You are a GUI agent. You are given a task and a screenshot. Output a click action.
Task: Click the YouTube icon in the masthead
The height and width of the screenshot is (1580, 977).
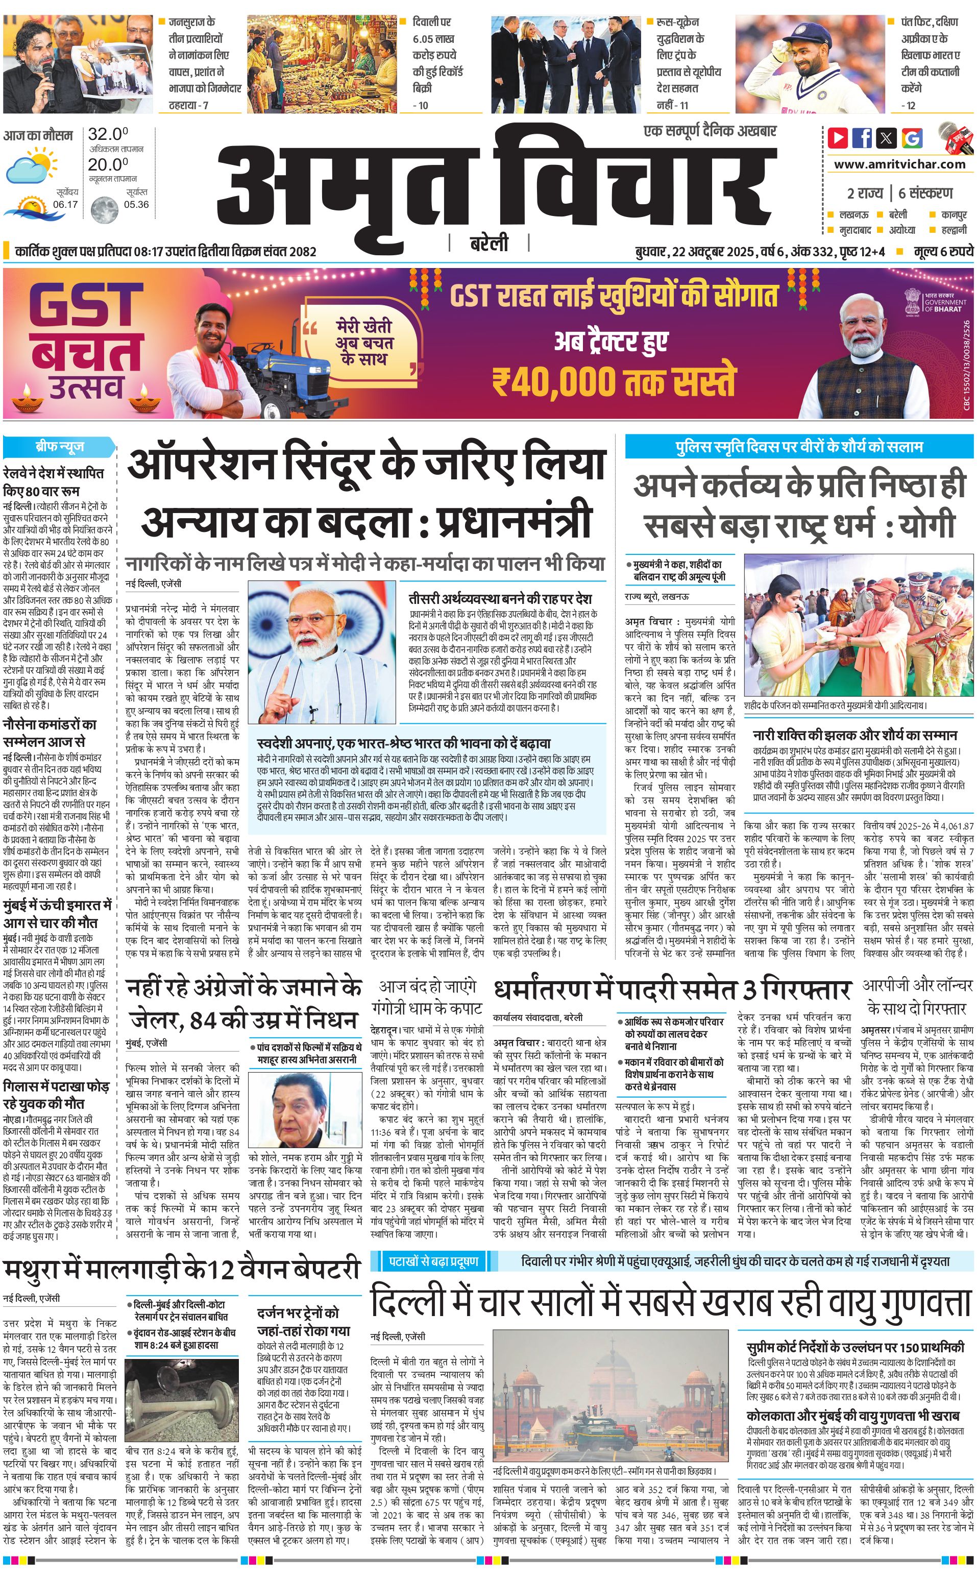point(838,138)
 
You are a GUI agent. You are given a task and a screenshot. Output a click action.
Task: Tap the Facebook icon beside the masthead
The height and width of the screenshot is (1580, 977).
point(862,138)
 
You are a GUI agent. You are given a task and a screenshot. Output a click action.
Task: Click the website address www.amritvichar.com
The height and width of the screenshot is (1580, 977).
point(899,164)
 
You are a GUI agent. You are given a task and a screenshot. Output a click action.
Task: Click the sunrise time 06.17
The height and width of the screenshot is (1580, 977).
point(65,204)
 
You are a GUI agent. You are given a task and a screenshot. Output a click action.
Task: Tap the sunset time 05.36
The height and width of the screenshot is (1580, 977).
point(136,204)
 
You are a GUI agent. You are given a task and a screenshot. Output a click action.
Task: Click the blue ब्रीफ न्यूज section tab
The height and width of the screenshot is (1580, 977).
point(59,447)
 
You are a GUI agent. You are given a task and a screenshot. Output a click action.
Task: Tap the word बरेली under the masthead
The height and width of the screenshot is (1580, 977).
point(488,244)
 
